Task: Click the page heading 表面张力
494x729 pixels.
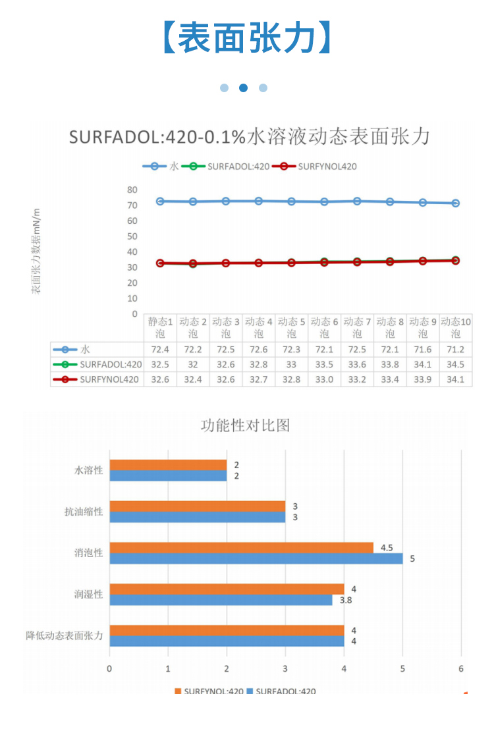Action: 246,38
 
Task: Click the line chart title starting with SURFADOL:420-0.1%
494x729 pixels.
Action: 250,137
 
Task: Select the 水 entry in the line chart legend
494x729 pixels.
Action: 161,167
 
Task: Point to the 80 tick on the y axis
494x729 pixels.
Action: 132,190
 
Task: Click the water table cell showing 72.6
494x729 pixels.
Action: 258,349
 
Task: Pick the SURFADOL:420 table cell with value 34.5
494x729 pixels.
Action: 456,364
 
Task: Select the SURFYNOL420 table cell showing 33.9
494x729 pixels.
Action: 423,379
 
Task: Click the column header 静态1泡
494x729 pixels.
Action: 160,327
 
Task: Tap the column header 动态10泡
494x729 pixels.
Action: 456,327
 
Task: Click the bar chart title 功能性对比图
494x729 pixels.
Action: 245,425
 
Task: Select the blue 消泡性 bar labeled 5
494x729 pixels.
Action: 256,558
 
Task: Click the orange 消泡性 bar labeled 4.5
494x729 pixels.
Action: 241,547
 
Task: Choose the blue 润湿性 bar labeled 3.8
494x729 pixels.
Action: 221,600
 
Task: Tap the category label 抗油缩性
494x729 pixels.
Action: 84,512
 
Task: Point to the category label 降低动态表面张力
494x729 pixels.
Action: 65,635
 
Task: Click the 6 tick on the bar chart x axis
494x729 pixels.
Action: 461,668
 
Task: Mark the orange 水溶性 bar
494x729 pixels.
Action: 168,465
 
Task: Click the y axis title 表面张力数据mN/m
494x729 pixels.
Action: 37,250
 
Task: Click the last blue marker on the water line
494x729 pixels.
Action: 455,203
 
